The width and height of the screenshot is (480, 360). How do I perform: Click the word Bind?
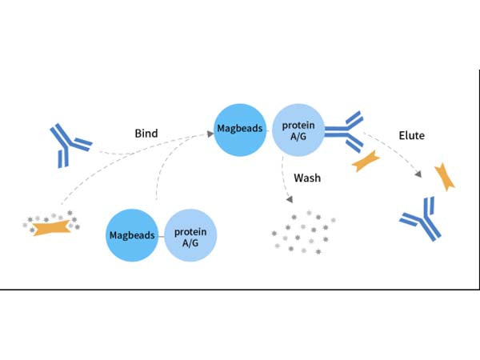(147, 133)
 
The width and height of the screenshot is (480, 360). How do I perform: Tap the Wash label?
(307, 177)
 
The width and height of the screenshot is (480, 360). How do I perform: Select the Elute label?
(411, 136)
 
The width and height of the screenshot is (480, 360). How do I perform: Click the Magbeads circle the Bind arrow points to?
(240, 129)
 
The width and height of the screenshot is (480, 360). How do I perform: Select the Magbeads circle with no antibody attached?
(133, 234)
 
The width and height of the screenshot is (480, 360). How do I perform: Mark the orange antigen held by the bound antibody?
(366, 161)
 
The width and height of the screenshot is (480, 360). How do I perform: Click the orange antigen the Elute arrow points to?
(445, 177)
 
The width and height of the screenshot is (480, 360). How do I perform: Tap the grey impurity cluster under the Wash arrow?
(304, 230)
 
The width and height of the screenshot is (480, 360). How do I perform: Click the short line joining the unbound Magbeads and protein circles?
(162, 235)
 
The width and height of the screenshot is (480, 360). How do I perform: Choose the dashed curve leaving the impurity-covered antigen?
(104, 176)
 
